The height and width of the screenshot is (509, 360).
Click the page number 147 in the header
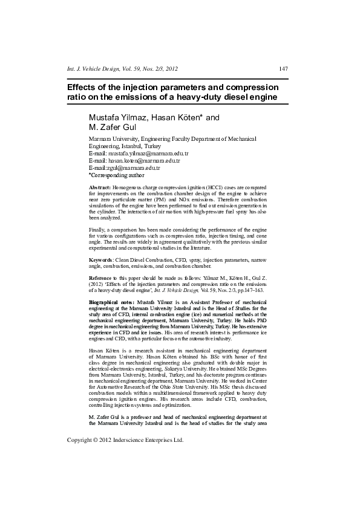283,68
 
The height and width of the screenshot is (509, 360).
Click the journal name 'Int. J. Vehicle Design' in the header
97,68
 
